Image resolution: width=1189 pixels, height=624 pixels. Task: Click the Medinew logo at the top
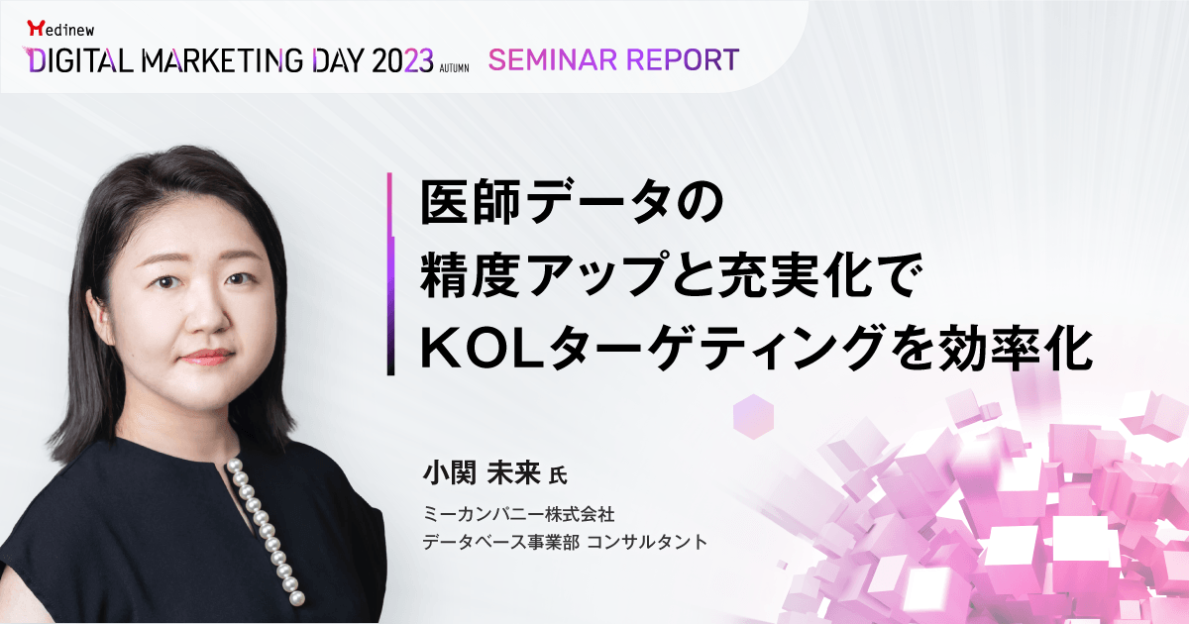[60, 29]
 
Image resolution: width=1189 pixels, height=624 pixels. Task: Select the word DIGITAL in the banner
[79, 60]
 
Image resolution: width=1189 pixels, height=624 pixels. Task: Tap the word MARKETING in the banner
[222, 60]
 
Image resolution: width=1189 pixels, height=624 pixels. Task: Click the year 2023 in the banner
[402, 60]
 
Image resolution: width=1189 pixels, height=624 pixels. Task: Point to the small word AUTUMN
[455, 68]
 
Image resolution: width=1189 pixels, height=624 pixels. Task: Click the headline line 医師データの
[572, 203]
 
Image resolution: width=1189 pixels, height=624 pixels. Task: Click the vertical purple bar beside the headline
[390, 273]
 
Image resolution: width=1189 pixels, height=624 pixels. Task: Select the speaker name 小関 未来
[481, 473]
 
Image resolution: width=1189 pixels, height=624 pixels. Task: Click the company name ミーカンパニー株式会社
[518, 514]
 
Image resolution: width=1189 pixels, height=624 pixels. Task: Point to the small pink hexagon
[753, 417]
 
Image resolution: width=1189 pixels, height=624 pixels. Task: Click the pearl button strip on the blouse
[266, 532]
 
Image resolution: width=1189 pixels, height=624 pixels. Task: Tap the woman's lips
[207, 357]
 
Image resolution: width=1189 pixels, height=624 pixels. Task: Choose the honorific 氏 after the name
[558, 475]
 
